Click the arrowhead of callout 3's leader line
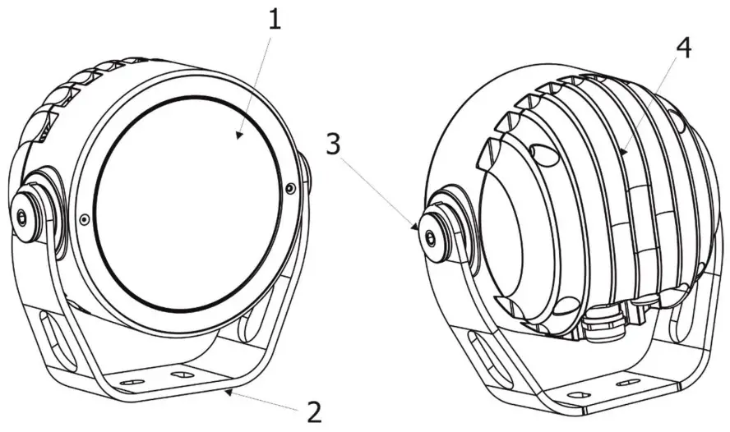click(418, 228)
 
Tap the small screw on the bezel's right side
click(290, 188)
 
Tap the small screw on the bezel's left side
click(85, 219)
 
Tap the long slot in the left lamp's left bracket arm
click(49, 344)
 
